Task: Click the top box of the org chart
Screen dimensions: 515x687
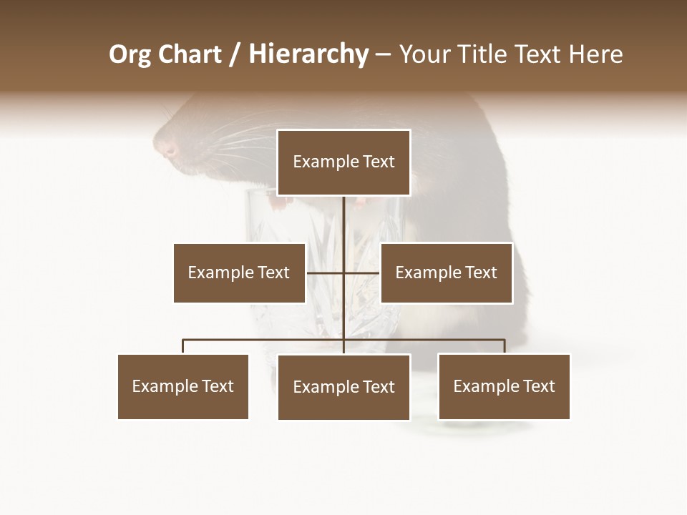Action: (343, 162)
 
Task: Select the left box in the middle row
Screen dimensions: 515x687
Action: (239, 273)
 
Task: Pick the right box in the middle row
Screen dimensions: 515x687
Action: (446, 273)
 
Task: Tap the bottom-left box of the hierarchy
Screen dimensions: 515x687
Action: (183, 386)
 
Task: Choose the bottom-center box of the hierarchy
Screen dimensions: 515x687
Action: (343, 387)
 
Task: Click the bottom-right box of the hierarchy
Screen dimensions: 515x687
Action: (504, 386)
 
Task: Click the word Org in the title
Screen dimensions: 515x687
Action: (130, 54)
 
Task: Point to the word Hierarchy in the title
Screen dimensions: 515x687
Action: (308, 54)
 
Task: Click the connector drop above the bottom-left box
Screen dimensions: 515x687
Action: (183, 347)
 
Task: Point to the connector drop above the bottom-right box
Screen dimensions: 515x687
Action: (504, 347)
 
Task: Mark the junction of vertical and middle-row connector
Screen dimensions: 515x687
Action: (343, 273)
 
